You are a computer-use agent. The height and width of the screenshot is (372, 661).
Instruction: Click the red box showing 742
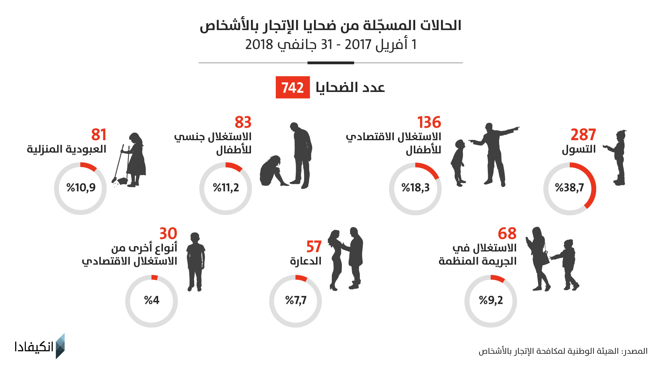click(x=293, y=87)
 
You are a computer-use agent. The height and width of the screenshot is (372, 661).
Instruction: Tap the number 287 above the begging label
click(x=583, y=135)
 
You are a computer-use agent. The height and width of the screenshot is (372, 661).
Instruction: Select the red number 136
click(x=429, y=122)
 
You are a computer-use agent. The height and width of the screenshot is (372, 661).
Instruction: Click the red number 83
click(x=243, y=122)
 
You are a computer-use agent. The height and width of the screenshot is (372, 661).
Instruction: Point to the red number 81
click(x=99, y=135)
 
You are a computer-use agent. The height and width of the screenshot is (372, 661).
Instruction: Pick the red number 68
click(x=507, y=234)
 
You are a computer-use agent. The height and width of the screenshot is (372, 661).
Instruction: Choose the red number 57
click(x=314, y=247)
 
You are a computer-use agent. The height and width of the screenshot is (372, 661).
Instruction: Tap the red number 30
click(x=168, y=234)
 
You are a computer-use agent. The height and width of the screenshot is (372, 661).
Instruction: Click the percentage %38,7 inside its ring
click(x=569, y=188)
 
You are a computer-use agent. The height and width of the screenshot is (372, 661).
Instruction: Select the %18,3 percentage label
click(x=416, y=188)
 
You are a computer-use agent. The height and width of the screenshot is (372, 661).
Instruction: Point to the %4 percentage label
click(x=151, y=300)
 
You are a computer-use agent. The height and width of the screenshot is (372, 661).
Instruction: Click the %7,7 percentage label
click(x=296, y=300)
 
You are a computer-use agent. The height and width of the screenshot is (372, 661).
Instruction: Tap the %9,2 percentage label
click(x=491, y=300)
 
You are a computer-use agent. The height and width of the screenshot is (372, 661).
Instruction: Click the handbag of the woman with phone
click(x=545, y=258)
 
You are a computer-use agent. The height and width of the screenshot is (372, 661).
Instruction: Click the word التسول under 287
click(x=579, y=149)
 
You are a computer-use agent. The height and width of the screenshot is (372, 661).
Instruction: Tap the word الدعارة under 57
click(x=306, y=261)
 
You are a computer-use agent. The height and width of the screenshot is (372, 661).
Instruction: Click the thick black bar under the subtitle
click(x=330, y=63)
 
